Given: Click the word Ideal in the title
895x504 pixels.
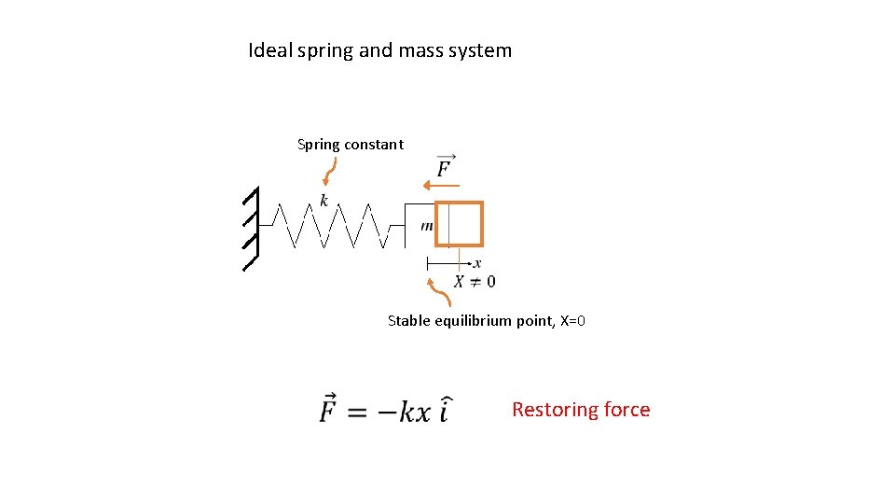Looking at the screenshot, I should (x=270, y=50).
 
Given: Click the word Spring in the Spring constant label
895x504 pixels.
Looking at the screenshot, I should (x=319, y=145).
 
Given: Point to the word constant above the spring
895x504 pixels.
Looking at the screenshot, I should (x=374, y=145).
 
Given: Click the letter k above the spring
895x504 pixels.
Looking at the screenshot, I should (x=324, y=201).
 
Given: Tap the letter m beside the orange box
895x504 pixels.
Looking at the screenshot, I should (x=426, y=226).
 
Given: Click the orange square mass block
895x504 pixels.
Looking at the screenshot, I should (x=460, y=224).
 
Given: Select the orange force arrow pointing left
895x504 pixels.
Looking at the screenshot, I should (x=435, y=185).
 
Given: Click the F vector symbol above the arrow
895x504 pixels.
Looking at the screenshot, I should (x=445, y=166).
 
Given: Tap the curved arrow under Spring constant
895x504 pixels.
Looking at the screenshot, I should (x=329, y=171).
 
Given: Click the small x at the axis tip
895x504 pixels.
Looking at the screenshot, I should (x=477, y=264).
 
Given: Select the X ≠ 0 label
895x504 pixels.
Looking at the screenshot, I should (x=475, y=282).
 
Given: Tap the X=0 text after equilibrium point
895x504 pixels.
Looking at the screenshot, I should (x=572, y=321).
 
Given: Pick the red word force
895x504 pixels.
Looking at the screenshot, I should (x=626, y=410).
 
